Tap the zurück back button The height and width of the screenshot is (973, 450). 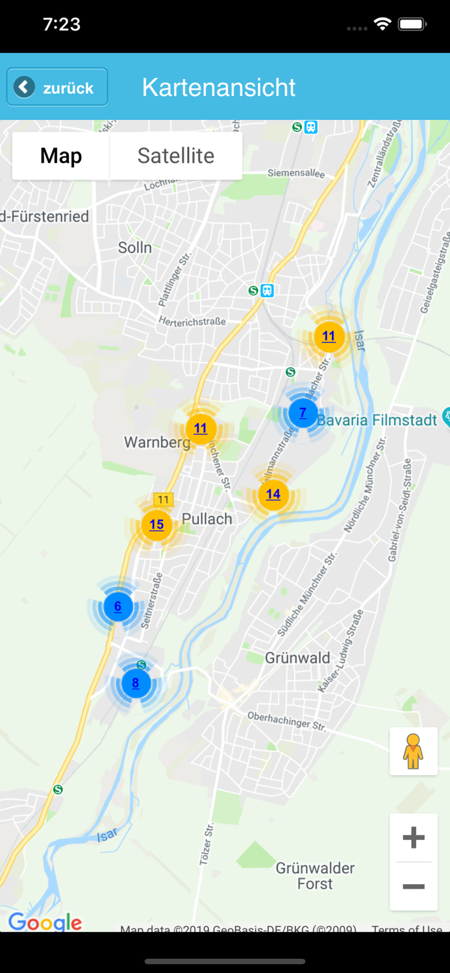pos(57,87)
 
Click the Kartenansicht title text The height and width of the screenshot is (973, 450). pos(219,88)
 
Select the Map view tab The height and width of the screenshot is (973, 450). pos(61,156)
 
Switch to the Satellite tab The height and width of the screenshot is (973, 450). pos(176,156)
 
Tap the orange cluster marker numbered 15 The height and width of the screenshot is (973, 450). pos(156,525)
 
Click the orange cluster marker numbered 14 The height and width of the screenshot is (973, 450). pos(273,494)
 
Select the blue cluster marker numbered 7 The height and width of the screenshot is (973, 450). pos(303,413)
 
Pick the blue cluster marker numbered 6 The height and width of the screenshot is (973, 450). pos(118,607)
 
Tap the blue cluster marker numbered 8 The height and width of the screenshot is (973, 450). pos(136,683)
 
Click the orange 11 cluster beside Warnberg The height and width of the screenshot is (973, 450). pos(201,428)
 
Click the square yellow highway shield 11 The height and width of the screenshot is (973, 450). pos(163,499)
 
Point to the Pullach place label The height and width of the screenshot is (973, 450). pos(207,519)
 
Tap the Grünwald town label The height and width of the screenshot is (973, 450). pos(297,658)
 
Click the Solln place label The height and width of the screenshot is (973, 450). pos(135,247)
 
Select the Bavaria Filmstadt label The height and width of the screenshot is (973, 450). pos(377,420)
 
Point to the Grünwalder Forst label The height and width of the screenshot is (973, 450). pos(316,876)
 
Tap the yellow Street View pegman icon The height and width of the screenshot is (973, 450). pos(413,752)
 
